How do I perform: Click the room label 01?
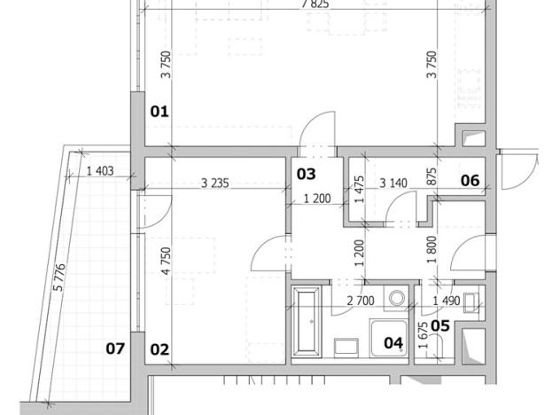[159, 112]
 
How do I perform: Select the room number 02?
[159, 348]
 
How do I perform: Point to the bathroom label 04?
[391, 341]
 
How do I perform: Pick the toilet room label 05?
[440, 325]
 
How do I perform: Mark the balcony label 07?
[116, 348]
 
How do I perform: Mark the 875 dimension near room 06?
[431, 176]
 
